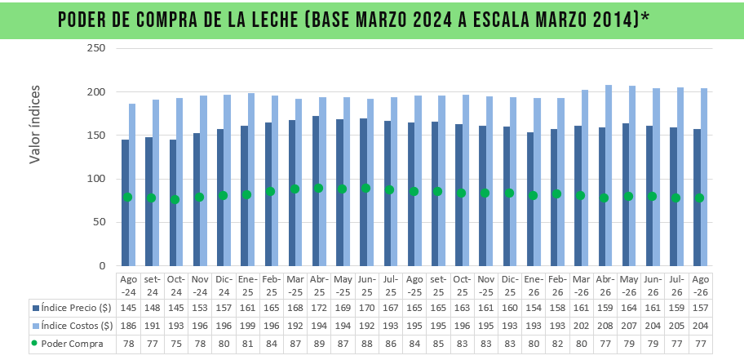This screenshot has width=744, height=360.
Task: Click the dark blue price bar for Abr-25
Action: (316, 191)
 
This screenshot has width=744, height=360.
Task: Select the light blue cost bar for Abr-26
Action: (609, 176)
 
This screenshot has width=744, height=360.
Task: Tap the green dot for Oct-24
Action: (175, 199)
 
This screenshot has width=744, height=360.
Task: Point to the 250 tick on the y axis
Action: (96, 48)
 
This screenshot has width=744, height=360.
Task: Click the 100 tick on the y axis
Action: (96, 179)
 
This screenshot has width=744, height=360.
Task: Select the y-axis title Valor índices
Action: (34, 124)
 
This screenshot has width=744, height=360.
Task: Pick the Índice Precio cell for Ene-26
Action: (533, 308)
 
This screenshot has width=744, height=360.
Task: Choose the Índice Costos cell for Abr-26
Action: (604, 326)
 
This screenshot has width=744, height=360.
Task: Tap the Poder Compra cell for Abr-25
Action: (319, 344)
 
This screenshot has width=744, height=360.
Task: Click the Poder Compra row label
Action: (72, 344)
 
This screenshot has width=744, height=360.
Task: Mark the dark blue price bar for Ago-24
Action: (126, 202)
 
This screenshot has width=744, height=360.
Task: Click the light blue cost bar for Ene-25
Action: (251, 180)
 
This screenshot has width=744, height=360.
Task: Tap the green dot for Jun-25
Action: (365, 188)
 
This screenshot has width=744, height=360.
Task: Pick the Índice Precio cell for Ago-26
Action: (700, 308)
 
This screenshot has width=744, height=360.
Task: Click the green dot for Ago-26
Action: (699, 198)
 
